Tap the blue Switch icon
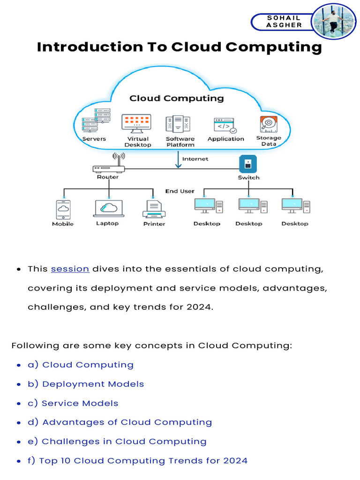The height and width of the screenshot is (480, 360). pos(248,165)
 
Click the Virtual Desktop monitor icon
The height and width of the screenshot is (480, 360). pos(136,123)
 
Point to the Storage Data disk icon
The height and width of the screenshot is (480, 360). pos(269,124)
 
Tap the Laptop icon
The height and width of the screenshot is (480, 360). pos(109,208)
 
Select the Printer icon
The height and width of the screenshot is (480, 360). pos(154,209)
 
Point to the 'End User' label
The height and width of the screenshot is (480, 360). pos(180,191)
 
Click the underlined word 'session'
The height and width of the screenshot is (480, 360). pos(70,269)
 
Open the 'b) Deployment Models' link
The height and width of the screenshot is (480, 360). pos(93,384)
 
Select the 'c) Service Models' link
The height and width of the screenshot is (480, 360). pos(80,403)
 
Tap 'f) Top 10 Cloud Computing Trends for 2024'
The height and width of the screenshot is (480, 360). pos(143,461)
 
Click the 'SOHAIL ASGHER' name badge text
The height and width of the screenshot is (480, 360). pos(284,22)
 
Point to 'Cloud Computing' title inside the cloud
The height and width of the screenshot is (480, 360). pos(176,98)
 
